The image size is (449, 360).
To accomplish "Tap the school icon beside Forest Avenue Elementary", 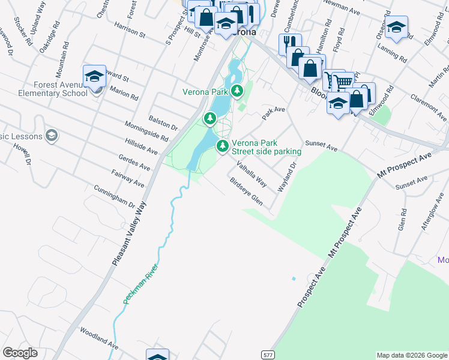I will point(95,76).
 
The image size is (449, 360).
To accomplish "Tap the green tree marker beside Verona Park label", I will point(238,92).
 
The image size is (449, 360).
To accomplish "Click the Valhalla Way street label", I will point(252,173).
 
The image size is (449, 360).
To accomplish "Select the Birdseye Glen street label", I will point(247,190).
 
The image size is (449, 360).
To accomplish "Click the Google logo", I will point(20,353).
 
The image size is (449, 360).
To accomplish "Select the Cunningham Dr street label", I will point(114,196).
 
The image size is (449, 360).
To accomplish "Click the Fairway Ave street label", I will point(128,177).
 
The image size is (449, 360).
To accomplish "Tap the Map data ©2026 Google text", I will point(411,355).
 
